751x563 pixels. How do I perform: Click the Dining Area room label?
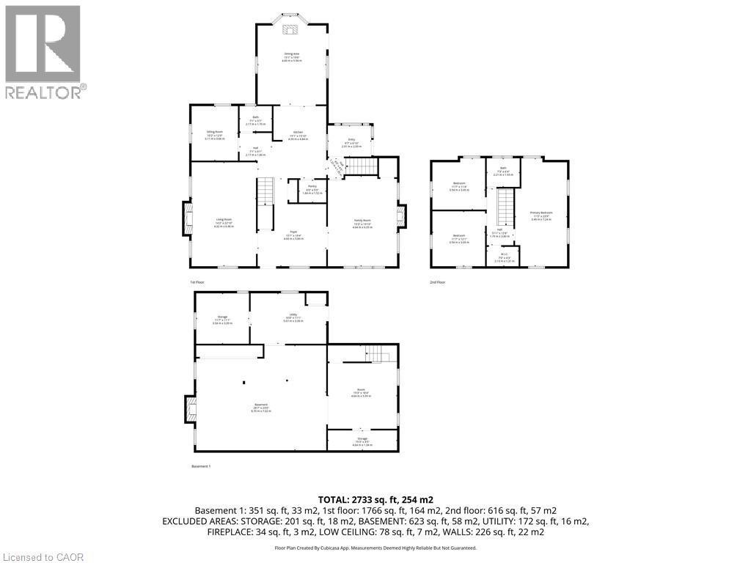click(x=291, y=54)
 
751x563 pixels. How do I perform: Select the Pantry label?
click(x=312, y=187)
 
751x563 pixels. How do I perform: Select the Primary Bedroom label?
click(x=541, y=213)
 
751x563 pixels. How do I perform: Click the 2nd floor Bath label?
click(x=503, y=168)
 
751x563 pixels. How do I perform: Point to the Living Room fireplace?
click(x=188, y=218)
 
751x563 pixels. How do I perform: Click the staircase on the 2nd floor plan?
click(x=505, y=207)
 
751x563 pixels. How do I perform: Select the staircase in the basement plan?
click(x=376, y=353)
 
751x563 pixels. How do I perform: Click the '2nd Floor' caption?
click(x=437, y=281)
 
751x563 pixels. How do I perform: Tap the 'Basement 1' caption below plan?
click(x=201, y=466)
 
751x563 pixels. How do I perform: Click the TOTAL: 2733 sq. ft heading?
click(x=375, y=499)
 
